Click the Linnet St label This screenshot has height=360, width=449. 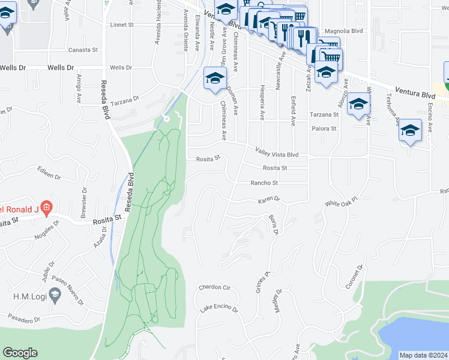click(x=124, y=25)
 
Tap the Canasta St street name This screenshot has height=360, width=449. click(x=82, y=50)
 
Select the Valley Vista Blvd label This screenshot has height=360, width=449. click(x=277, y=154)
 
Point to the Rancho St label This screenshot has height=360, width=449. click(x=264, y=183)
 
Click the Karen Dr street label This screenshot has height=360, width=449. click(x=269, y=199)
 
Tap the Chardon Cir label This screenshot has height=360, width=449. click(x=214, y=287)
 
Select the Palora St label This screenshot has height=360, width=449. click(x=324, y=128)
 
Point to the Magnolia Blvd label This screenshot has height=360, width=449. click(x=344, y=31)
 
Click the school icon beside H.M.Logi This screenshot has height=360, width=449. click(x=55, y=295)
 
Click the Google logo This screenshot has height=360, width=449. click(x=20, y=353)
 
